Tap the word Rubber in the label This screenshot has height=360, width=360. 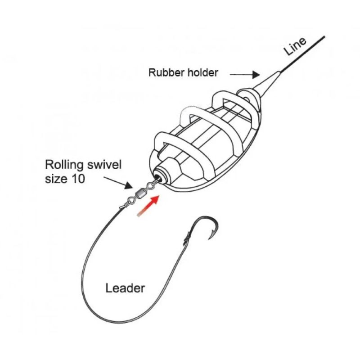(167, 72)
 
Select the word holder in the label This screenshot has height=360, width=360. (203, 72)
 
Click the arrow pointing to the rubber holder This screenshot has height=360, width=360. (245, 74)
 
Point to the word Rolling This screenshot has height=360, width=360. (64, 165)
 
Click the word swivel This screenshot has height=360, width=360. (103, 165)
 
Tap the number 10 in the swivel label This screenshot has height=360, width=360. (78, 179)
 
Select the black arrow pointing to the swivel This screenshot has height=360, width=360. (118, 183)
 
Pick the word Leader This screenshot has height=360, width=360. (125, 288)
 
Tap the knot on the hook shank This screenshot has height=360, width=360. (187, 238)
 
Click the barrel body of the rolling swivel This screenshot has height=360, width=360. (139, 193)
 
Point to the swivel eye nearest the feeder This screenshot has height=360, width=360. (150, 184)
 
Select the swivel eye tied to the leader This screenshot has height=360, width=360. (130, 200)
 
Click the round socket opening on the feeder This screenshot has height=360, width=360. (158, 177)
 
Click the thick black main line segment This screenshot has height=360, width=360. (302, 54)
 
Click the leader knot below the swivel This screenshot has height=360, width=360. (123, 206)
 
